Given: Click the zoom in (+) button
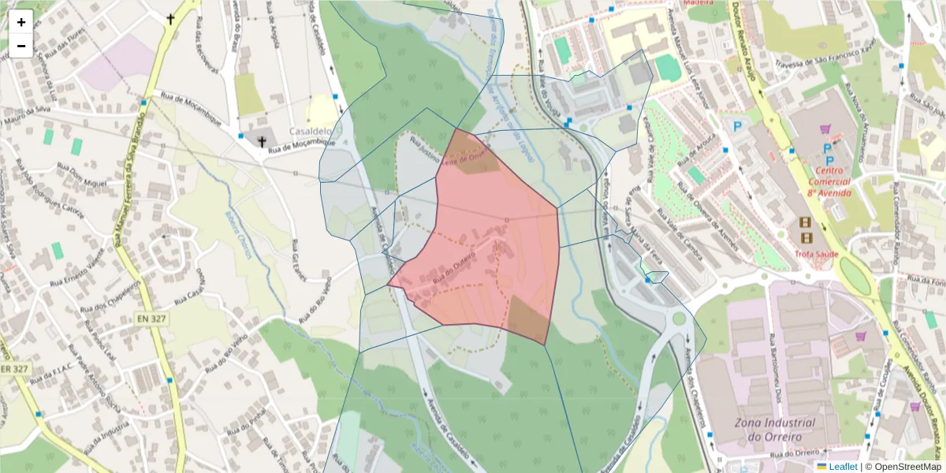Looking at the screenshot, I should (x=21, y=22).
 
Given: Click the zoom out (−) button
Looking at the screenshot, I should (x=21, y=46).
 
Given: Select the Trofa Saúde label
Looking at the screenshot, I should (x=817, y=253).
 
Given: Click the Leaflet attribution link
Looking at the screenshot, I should (x=842, y=467).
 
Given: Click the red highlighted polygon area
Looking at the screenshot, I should (x=497, y=244).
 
